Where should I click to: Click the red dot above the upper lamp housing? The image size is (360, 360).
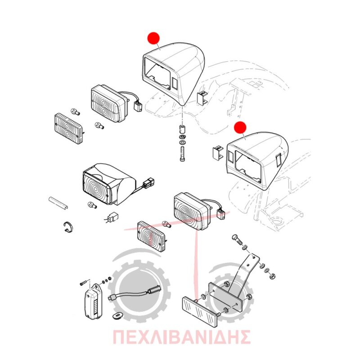click(x=153, y=38)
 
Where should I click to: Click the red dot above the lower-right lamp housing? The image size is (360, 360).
click(x=240, y=127)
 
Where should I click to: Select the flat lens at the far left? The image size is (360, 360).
click(x=69, y=128)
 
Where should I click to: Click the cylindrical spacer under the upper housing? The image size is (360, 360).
click(x=183, y=129)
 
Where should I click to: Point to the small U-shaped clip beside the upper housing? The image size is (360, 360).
click(x=202, y=98)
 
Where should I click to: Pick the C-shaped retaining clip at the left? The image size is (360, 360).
click(x=69, y=226)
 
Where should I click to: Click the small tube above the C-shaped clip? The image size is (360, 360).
click(x=58, y=203)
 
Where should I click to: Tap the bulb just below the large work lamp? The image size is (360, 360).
click(x=92, y=205)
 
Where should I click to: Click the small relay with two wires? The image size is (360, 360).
click(x=111, y=217)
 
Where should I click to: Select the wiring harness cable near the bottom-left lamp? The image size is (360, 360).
click(x=134, y=293)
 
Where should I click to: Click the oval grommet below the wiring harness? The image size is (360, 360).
click(x=117, y=316)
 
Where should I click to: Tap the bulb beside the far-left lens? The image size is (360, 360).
click(x=75, y=112)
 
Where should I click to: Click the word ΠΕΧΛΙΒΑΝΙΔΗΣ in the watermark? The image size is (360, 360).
click(x=181, y=337)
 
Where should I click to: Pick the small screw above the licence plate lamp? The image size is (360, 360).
click(x=83, y=283)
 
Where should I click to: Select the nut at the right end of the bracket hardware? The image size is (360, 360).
click(x=272, y=275)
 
